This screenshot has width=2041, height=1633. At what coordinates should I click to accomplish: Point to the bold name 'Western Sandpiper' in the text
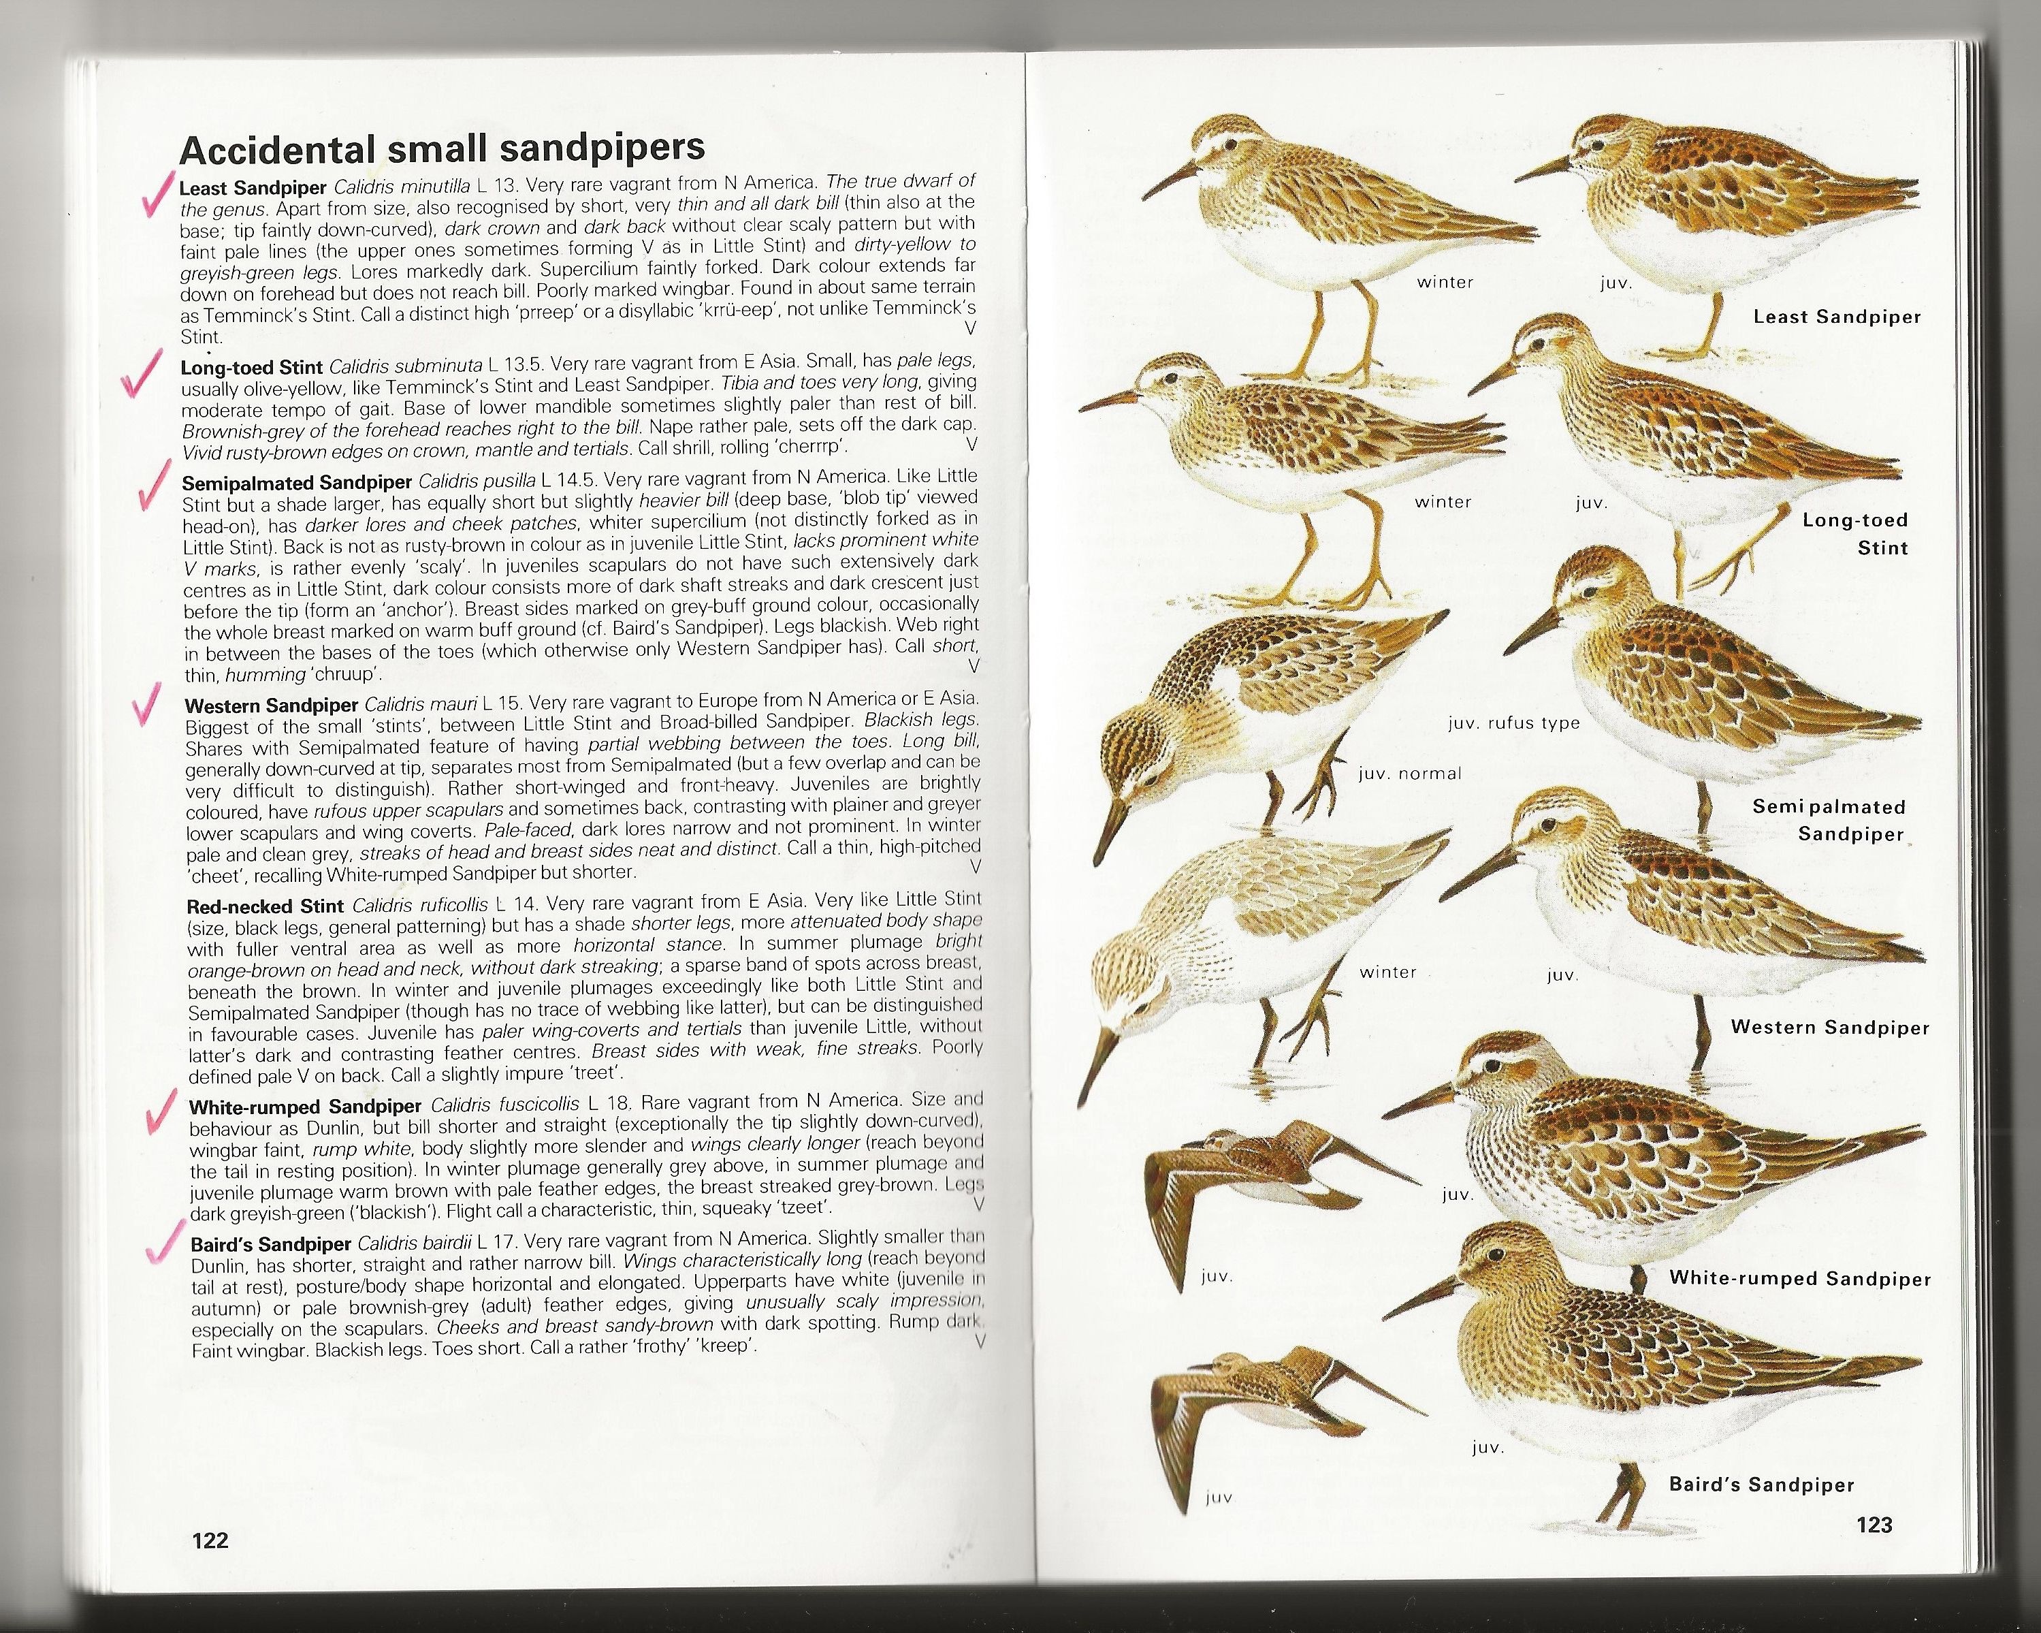pyautogui.click(x=271, y=705)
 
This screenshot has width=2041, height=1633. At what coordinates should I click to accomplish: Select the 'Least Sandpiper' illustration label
pyautogui.click(x=1837, y=317)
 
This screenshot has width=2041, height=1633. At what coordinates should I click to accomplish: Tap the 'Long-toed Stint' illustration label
pyautogui.click(x=1854, y=533)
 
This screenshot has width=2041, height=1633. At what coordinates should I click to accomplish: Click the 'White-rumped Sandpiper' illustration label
pyautogui.click(x=1799, y=1278)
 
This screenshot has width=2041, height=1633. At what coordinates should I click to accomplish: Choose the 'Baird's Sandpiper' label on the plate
pyautogui.click(x=1761, y=1485)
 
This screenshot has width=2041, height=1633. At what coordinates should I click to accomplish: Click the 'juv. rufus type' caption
pyautogui.click(x=1513, y=723)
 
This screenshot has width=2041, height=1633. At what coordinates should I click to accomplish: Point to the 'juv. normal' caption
pyautogui.click(x=1410, y=774)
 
